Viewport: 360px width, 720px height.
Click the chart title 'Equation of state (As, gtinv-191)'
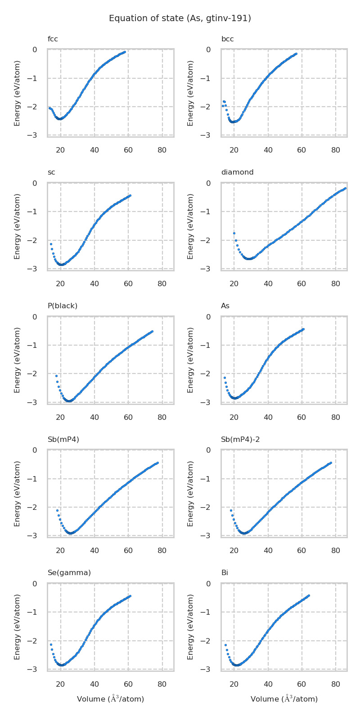click(180, 18)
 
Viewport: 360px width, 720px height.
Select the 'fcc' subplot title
click(53, 39)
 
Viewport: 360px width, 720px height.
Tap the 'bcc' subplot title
click(227, 39)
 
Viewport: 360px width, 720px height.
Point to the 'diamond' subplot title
click(237, 172)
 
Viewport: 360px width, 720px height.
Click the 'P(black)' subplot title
click(63, 306)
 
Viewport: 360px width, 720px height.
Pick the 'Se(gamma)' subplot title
click(69, 573)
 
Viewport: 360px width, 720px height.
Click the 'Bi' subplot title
click(225, 573)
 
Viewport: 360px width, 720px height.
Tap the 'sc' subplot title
click(51, 172)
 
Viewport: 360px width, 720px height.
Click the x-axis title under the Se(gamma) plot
click(111, 699)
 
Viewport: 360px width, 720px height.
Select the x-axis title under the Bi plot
click(284, 699)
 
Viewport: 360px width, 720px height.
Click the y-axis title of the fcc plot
click(18, 93)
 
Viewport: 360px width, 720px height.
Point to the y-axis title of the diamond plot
click(191, 226)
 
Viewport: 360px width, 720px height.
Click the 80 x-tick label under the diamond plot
click(336, 284)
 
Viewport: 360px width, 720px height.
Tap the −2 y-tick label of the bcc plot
click(208, 107)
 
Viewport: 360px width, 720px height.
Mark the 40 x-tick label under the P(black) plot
click(94, 418)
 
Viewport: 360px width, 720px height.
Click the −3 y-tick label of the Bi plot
click(208, 670)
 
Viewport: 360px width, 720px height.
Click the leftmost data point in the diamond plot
click(234, 233)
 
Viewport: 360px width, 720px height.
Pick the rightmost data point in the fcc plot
click(125, 52)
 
